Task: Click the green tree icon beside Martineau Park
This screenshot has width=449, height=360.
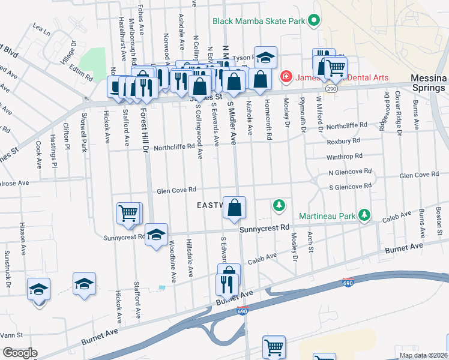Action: (x=363, y=214)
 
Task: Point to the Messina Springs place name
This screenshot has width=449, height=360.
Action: (x=428, y=83)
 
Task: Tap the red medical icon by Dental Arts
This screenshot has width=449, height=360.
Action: (x=286, y=77)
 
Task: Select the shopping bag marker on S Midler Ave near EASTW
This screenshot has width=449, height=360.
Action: (x=235, y=208)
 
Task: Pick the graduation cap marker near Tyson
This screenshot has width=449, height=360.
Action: (x=265, y=58)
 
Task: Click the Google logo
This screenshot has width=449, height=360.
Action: (x=19, y=353)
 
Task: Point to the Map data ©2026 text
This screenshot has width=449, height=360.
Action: (x=423, y=355)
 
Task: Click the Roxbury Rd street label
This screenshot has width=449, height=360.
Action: (x=343, y=141)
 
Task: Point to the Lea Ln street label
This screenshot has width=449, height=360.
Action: (x=41, y=28)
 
